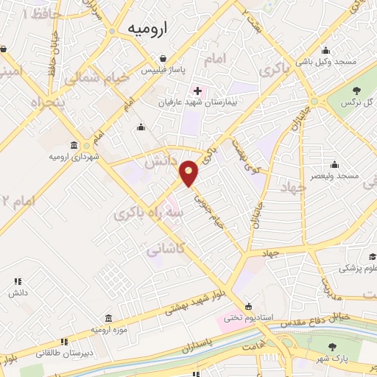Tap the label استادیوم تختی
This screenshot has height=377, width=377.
[x=249, y=318]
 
